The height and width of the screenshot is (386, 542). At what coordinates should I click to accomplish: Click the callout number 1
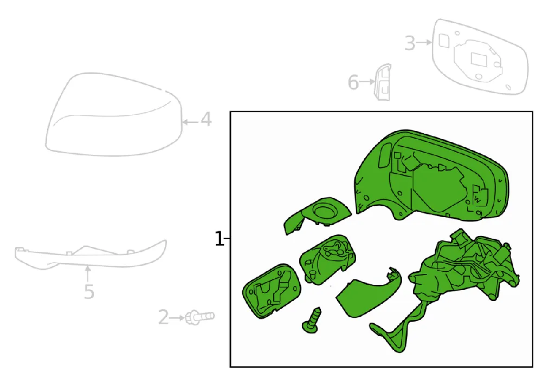(x=219, y=239)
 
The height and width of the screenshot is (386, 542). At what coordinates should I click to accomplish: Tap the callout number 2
(x=164, y=317)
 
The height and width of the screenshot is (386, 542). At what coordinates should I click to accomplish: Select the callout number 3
(x=410, y=43)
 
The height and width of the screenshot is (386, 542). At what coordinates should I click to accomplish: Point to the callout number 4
(x=207, y=120)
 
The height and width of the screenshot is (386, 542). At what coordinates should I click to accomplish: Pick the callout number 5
(x=89, y=292)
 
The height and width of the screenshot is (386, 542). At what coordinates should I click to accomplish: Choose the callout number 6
(x=353, y=82)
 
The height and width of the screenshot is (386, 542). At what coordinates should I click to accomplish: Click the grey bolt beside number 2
(x=200, y=317)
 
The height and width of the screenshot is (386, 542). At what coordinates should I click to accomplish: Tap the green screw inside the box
(x=312, y=320)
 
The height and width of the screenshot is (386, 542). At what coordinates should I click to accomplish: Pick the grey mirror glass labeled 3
(x=480, y=57)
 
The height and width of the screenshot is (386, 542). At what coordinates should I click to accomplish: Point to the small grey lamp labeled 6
(x=383, y=82)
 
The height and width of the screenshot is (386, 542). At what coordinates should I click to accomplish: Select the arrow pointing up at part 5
(x=88, y=274)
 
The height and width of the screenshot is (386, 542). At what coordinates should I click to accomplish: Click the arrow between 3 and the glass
(x=424, y=42)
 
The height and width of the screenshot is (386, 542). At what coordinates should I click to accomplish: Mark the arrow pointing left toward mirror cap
(x=190, y=122)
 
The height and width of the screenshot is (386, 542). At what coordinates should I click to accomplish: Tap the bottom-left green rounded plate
(x=272, y=290)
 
